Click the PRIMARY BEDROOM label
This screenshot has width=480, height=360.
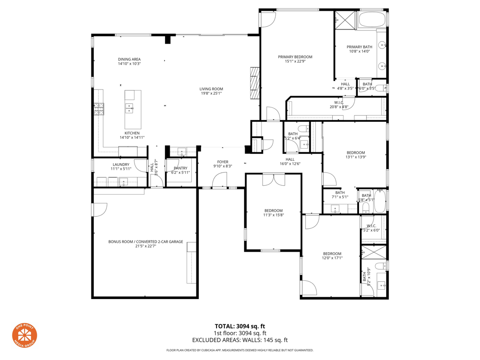tap(295, 57)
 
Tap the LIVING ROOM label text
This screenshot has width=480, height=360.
tap(211, 89)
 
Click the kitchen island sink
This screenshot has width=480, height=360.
tap(129, 108)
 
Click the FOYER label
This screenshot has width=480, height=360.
tap(223, 162)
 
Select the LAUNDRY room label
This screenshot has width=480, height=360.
tap(121, 165)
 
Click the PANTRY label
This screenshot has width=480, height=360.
tap(180, 168)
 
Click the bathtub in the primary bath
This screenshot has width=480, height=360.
tap(372, 20)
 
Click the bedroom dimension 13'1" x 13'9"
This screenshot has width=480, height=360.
tap(356, 157)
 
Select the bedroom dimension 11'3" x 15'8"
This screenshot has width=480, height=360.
tap(273, 215)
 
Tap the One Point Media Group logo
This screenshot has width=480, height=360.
tap(24, 336)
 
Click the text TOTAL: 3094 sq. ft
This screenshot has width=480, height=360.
tap(240, 326)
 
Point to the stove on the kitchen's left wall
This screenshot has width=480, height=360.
tap(98, 110)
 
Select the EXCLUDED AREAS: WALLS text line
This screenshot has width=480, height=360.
tap(240, 340)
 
